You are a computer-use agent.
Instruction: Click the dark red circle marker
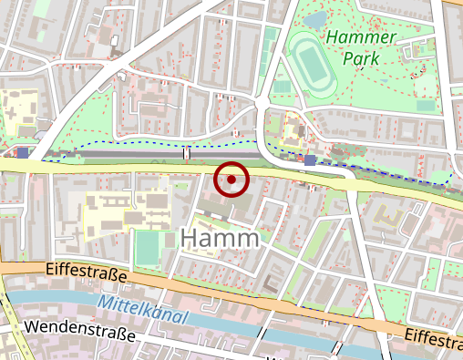[231, 180]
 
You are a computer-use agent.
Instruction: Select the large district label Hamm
[221, 238]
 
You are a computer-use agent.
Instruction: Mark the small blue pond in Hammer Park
[316, 20]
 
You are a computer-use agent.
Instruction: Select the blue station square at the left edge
[22, 152]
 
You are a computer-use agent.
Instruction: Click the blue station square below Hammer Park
[310, 160]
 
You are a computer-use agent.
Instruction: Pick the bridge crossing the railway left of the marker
[187, 152]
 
